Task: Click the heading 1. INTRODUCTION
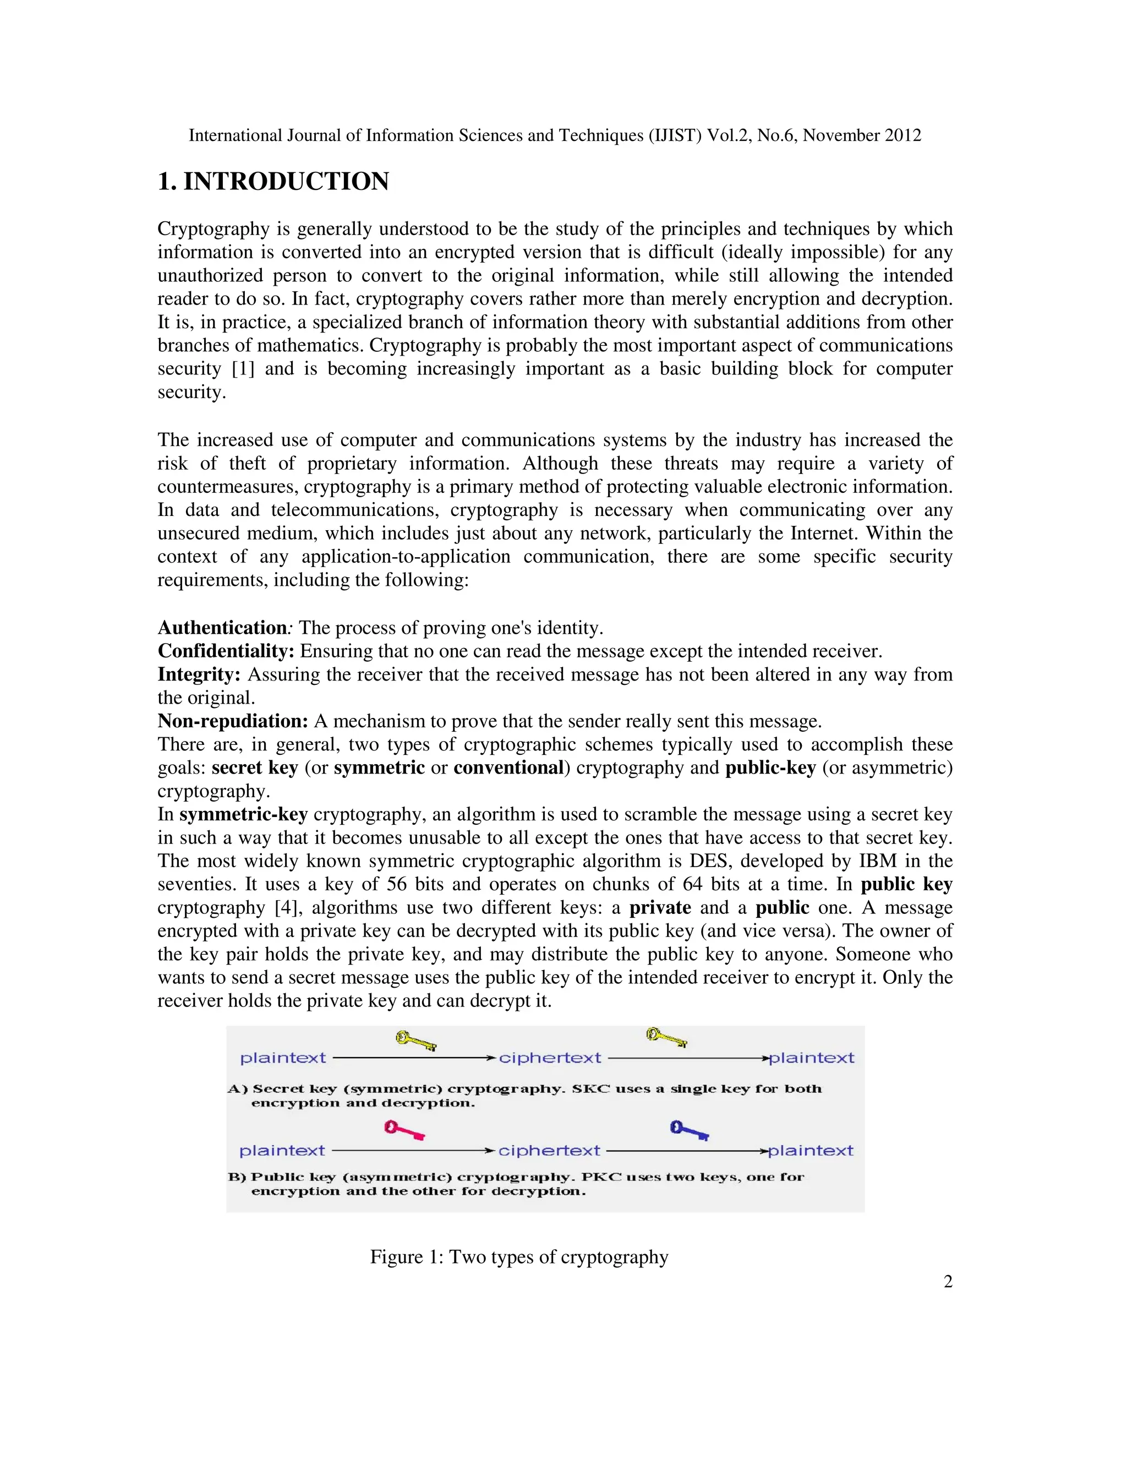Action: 273,182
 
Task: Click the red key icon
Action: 404,1130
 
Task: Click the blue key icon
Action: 689,1130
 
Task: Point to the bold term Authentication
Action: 222,628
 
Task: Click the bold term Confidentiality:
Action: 226,651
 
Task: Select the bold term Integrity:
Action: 198,675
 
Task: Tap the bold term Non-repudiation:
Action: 232,721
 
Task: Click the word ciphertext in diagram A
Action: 550,1058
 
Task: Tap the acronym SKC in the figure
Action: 591,1089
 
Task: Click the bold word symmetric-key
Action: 243,814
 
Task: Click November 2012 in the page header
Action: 861,135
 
